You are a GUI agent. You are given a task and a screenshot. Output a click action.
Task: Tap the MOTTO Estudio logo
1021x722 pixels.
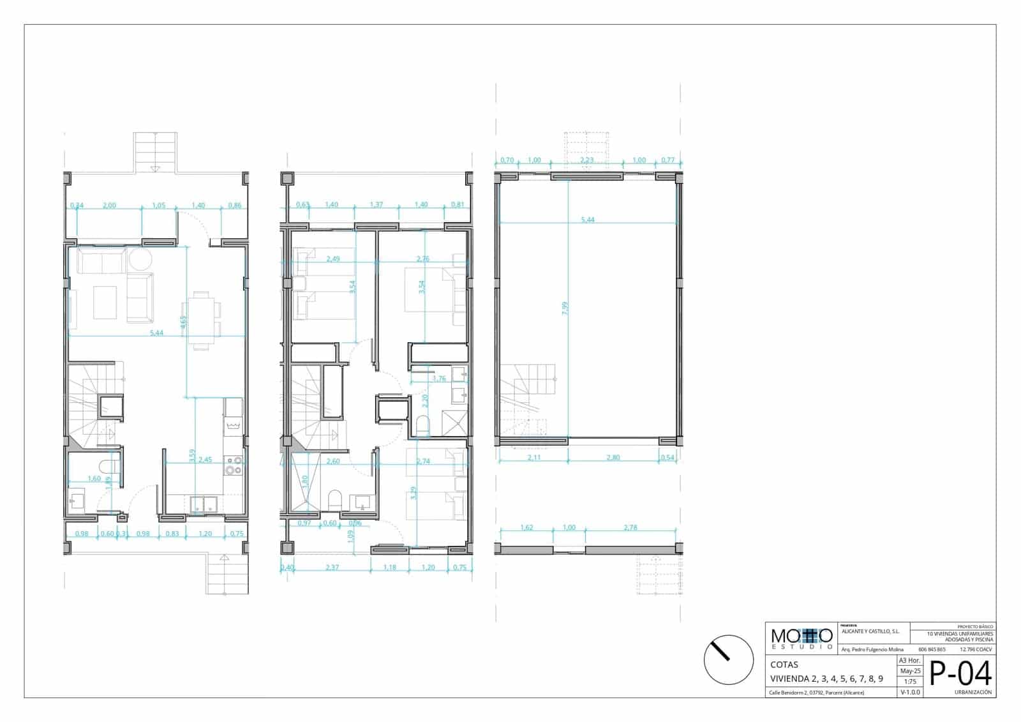click(801, 638)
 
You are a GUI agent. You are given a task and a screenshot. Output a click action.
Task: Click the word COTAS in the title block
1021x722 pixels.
click(784, 665)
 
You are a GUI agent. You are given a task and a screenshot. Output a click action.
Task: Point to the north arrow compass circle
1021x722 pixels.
click(728, 660)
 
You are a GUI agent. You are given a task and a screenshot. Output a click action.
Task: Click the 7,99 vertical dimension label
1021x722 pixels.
click(565, 308)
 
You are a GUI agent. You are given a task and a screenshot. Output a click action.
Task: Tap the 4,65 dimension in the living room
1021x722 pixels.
click(184, 321)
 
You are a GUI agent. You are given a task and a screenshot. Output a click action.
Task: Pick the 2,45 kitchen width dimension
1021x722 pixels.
click(204, 460)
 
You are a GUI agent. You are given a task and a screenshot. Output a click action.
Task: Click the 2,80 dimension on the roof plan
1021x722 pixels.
click(613, 458)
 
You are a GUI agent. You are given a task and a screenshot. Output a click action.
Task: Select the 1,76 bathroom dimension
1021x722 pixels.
click(439, 379)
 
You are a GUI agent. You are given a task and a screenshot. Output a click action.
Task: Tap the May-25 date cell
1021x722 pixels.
click(909, 671)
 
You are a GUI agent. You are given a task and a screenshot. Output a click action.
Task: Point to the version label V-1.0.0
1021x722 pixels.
click(909, 692)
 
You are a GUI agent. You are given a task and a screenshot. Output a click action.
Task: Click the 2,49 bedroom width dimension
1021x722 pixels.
click(332, 259)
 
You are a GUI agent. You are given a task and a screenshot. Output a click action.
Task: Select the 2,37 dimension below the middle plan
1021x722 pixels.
click(332, 567)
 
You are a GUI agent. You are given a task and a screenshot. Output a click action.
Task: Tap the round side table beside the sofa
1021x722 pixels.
click(140, 260)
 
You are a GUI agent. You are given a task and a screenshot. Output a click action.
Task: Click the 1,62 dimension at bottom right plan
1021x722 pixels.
click(526, 528)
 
